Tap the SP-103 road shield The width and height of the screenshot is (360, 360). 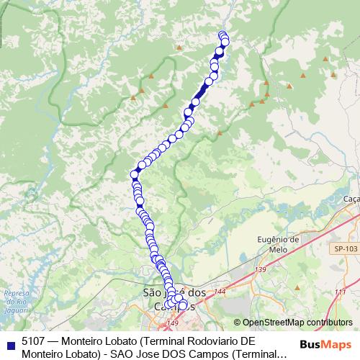pyautogui.click(x=345, y=248)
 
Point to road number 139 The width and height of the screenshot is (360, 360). pyautogui.click(x=261, y=269)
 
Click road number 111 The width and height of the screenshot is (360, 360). pyautogui.click(x=339, y=292)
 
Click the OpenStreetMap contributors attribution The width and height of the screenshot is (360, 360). pyautogui.click(x=293, y=323)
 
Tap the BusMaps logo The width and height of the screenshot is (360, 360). pyautogui.click(x=325, y=343)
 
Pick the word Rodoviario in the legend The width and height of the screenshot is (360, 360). pyautogui.click(x=205, y=341)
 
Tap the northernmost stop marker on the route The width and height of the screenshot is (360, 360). pyautogui.click(x=222, y=35)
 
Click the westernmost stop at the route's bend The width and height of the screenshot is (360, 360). pyautogui.click(x=134, y=174)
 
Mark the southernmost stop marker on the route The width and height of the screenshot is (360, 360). pyautogui.click(x=182, y=306)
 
